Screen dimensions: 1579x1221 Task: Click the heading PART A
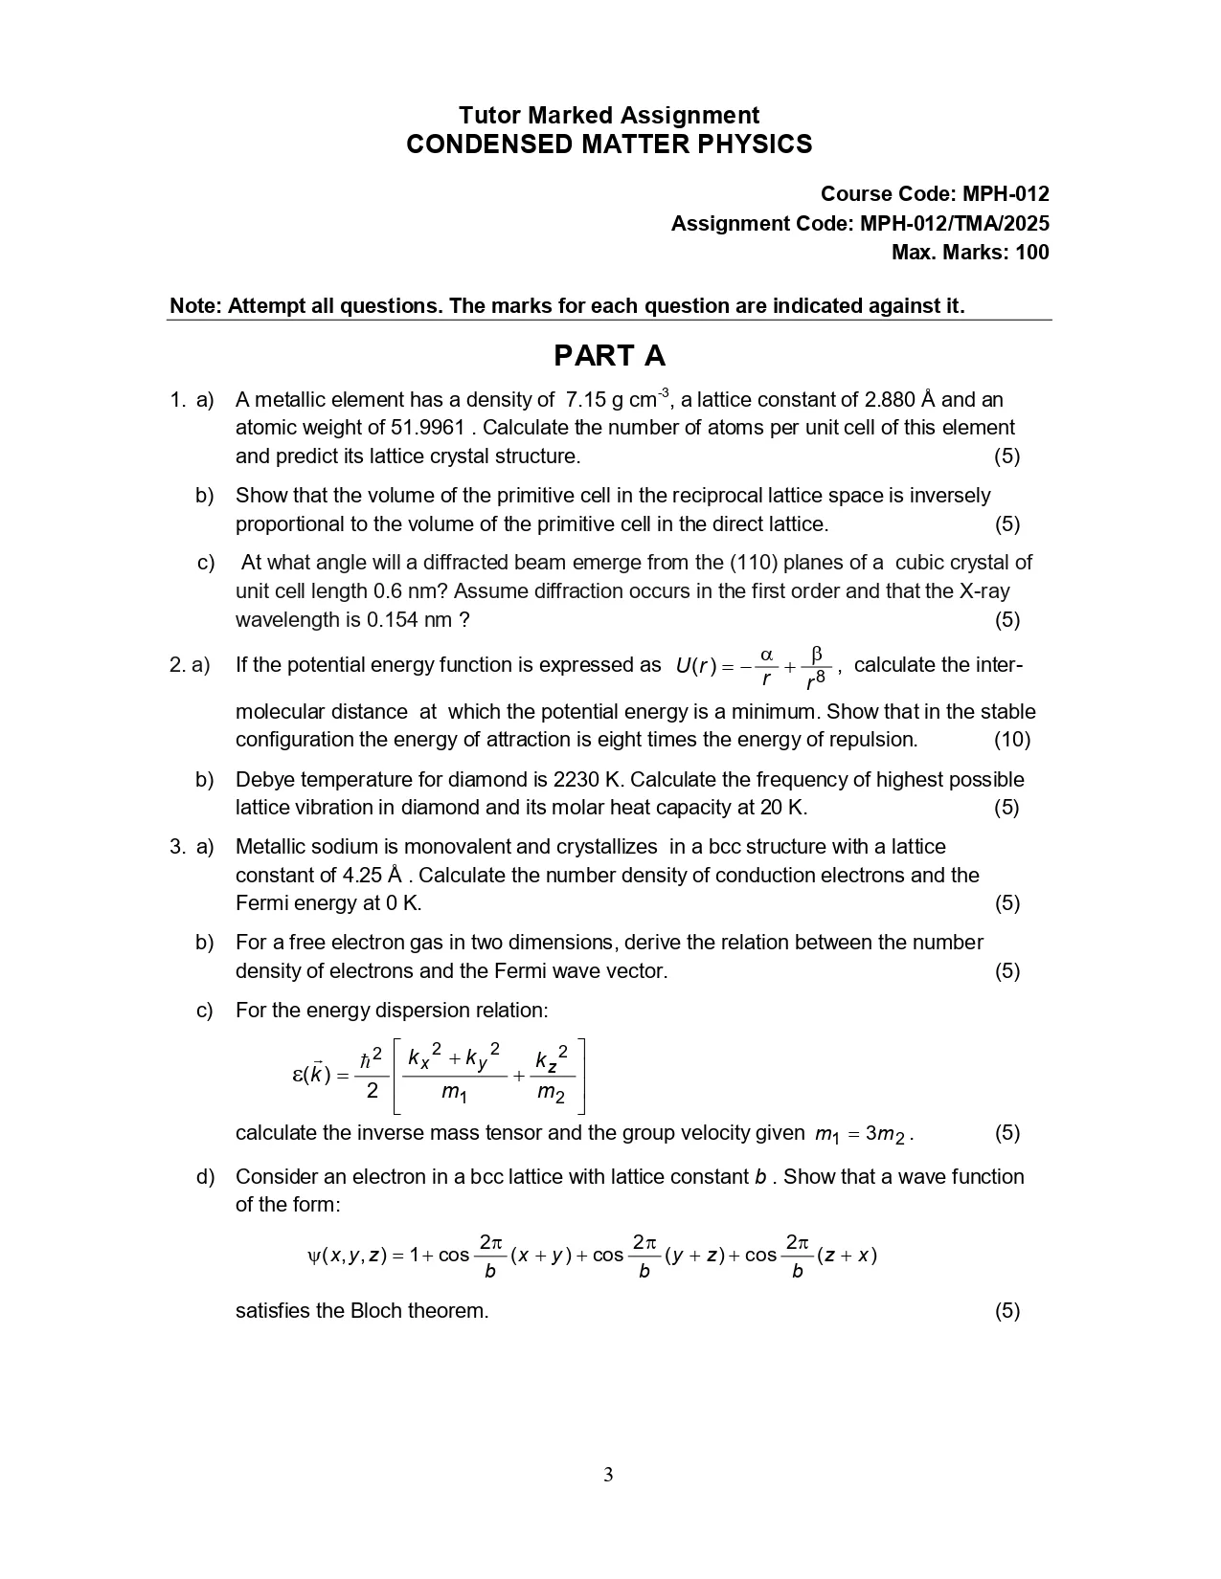pyautogui.click(x=609, y=356)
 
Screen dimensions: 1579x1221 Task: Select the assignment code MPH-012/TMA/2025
pyautogui.click(x=955, y=224)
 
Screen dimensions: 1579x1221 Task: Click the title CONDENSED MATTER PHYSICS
pyautogui.click(x=609, y=145)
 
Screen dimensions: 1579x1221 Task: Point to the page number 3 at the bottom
pyautogui.click(x=608, y=1475)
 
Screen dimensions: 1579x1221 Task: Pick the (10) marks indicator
pyautogui.click(x=1011, y=740)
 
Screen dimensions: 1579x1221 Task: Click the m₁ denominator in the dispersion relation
pyautogui.click(x=453, y=1092)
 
